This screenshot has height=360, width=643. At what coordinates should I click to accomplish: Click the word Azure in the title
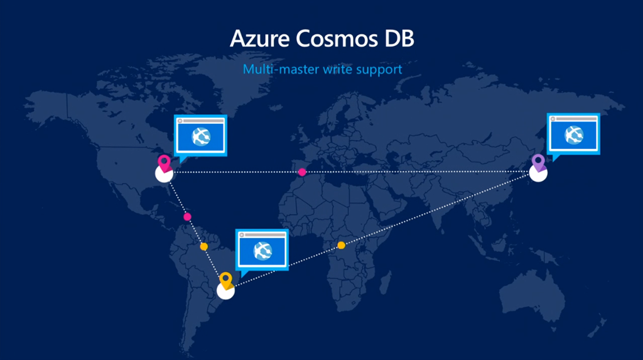[x=258, y=39]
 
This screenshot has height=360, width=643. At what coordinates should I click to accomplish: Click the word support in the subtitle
[x=379, y=69]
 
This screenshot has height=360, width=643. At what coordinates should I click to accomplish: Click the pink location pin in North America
[x=165, y=163]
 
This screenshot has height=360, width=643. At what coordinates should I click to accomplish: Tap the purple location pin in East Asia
[x=538, y=161]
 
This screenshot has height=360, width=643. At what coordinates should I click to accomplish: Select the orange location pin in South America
[x=226, y=280]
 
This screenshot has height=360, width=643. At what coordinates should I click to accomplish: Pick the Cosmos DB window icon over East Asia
[x=573, y=133]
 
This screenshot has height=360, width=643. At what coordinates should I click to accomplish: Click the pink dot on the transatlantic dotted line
[x=302, y=172]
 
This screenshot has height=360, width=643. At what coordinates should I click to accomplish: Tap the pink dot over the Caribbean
[x=187, y=217]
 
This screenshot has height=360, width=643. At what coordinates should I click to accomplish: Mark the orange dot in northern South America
[x=203, y=246]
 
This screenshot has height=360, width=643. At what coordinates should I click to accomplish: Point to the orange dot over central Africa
[x=341, y=245]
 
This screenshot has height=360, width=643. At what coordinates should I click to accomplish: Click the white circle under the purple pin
[x=538, y=173]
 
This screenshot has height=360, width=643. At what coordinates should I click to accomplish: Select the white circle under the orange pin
[x=225, y=290]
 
